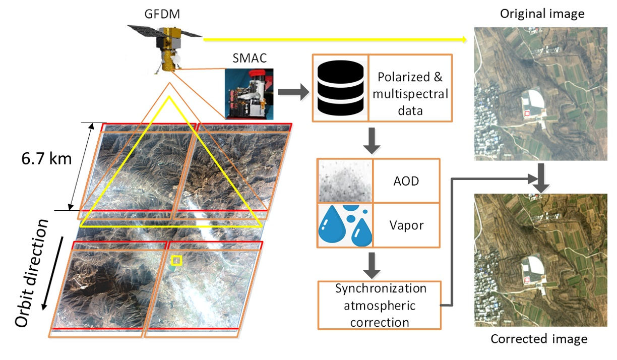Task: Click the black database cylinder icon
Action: coord(340,87)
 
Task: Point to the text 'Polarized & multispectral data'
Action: coord(410,87)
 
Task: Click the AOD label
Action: coord(406,181)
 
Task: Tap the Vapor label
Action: coord(406,225)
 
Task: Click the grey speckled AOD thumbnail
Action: coord(345,181)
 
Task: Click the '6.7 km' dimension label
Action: coord(47,160)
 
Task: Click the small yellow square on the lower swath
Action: coord(176,260)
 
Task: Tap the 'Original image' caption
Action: coord(542,14)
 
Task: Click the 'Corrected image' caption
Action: coord(539,339)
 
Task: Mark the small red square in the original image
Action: coord(527,114)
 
